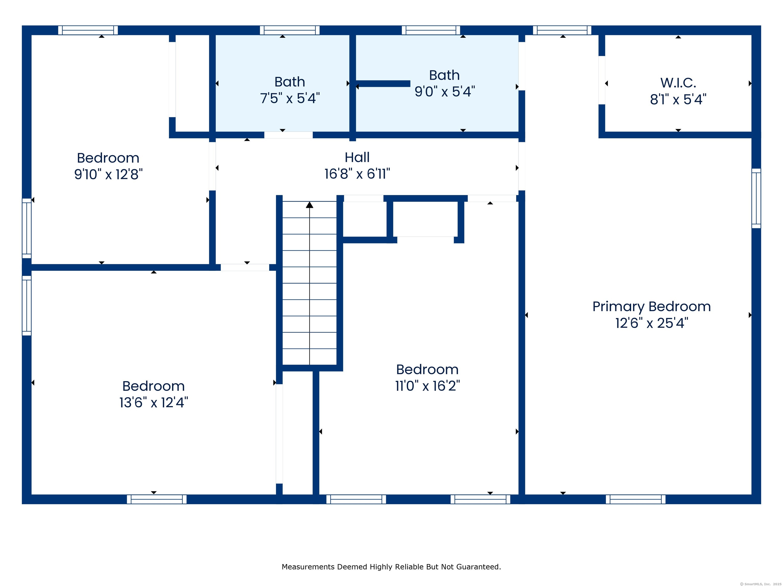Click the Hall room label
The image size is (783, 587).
pyautogui.click(x=357, y=157)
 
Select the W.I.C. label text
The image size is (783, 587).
pyautogui.click(x=678, y=83)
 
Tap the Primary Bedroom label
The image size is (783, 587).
pyautogui.click(x=651, y=306)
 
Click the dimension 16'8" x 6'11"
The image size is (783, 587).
pyautogui.click(x=357, y=174)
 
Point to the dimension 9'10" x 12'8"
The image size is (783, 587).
pyautogui.click(x=108, y=175)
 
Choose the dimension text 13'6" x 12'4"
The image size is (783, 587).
pyautogui.click(x=154, y=403)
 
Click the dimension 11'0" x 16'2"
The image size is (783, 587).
pyautogui.click(x=427, y=386)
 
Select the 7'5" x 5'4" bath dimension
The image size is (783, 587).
pyautogui.click(x=290, y=98)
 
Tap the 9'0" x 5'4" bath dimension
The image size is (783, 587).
pyautogui.click(x=444, y=92)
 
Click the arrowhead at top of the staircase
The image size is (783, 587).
pyautogui.click(x=309, y=205)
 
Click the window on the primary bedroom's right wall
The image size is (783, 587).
pyautogui.click(x=756, y=198)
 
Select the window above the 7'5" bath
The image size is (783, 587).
pyautogui.click(x=290, y=30)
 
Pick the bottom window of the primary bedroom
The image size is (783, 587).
pyautogui.click(x=635, y=499)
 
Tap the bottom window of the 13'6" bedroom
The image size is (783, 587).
pyautogui.click(x=156, y=499)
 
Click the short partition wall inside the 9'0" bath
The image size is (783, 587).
pyautogui.click(x=383, y=84)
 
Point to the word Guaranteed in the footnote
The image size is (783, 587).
pyautogui.click(x=478, y=567)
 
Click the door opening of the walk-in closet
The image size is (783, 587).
pyautogui.click(x=602, y=80)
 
